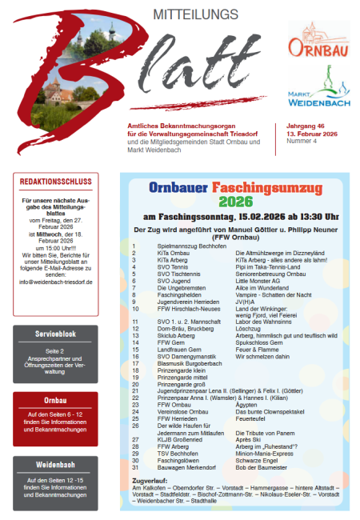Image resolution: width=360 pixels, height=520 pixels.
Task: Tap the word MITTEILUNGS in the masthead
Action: click(185, 14)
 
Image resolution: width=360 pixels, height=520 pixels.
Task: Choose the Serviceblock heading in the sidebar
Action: click(55, 333)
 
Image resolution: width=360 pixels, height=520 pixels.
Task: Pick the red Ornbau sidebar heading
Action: click(55, 399)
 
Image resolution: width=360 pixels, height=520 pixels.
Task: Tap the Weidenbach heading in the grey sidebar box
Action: click(55, 464)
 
